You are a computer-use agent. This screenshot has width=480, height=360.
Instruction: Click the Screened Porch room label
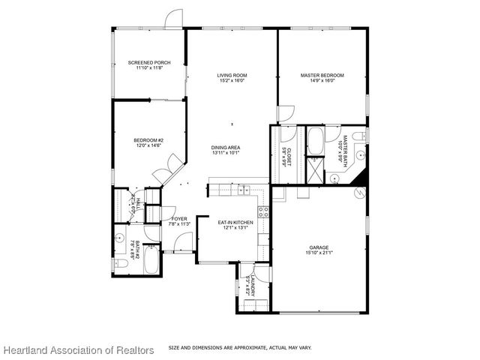pos(149,62)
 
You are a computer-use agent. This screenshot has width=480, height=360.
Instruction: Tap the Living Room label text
pos(232,76)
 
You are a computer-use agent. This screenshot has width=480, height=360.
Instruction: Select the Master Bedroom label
pos(322,76)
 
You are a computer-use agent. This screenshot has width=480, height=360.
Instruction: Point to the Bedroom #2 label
pos(148,140)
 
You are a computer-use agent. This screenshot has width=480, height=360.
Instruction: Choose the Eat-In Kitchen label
pos(235,223)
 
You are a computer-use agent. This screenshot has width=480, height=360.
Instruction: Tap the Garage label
pos(319,247)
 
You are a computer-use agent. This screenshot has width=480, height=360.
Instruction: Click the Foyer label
pos(169,219)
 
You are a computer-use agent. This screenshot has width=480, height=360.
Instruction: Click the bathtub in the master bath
pos(316,139)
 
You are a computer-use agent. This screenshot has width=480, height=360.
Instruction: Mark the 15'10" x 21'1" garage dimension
pos(319,253)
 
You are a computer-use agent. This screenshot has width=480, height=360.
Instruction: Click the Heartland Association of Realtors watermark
pos(78,349)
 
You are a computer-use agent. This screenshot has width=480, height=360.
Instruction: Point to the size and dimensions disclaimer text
pos(240,347)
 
